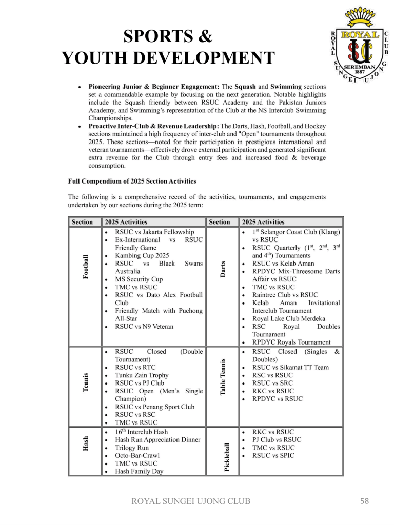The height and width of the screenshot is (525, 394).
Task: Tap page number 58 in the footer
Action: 364,501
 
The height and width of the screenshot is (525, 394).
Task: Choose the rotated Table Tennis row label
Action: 223,377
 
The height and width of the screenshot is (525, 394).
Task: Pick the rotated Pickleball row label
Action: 227,451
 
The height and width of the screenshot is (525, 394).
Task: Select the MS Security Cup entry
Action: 139,279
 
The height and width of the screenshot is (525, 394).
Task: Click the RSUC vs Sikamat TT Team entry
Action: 290,367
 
